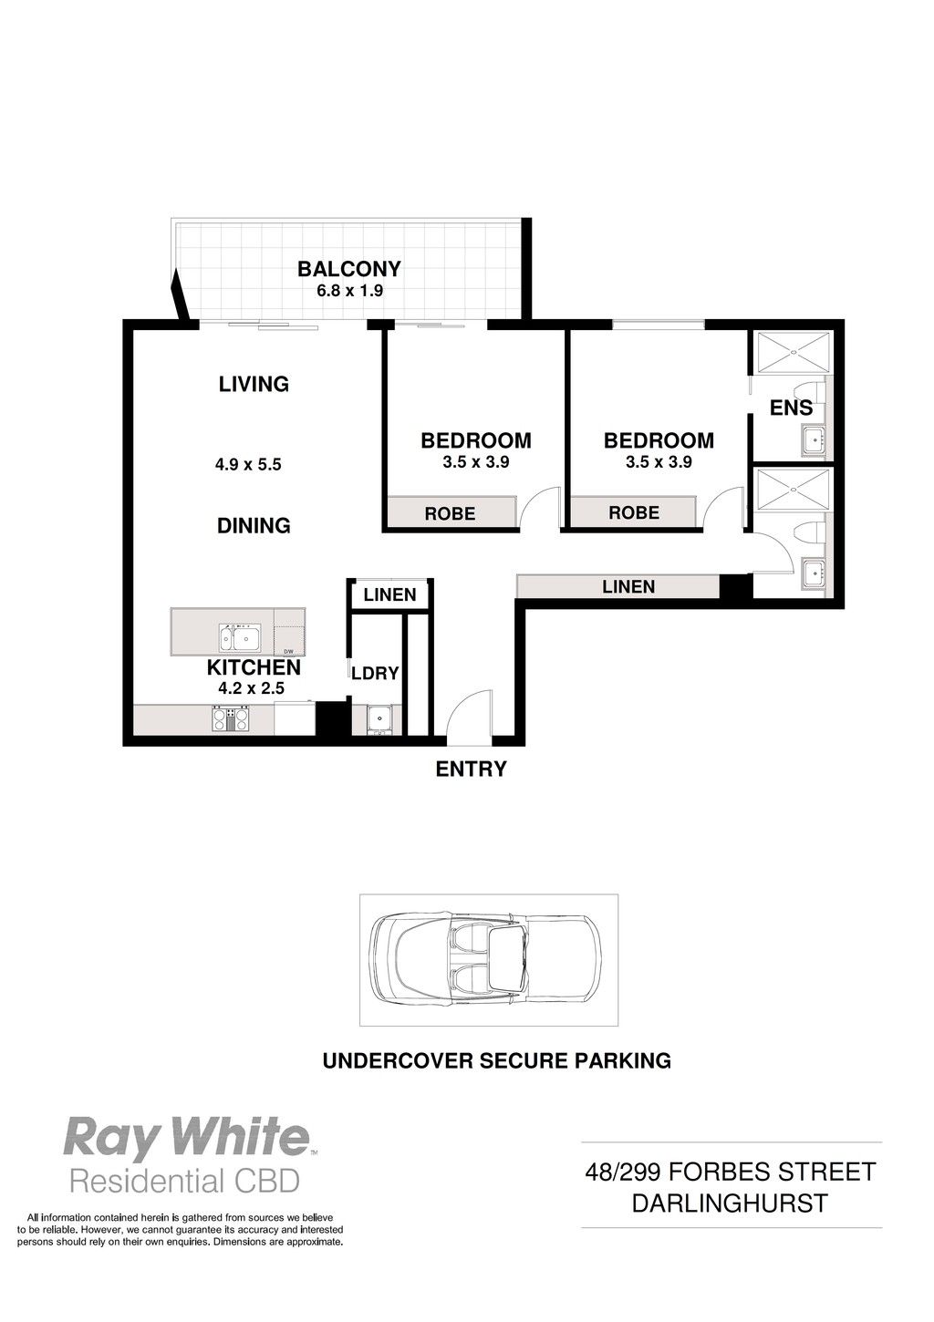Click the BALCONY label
349,269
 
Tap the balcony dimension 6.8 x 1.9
349,290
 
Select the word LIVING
254,384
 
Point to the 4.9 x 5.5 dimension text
248,464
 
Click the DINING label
254,525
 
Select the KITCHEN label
254,667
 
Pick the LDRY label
375,673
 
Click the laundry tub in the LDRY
376,718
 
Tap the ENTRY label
472,769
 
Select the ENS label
791,408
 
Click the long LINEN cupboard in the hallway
617,586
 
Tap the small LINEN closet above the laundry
389,594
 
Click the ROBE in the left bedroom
451,512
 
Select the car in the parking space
488,960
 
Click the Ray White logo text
186,1139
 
